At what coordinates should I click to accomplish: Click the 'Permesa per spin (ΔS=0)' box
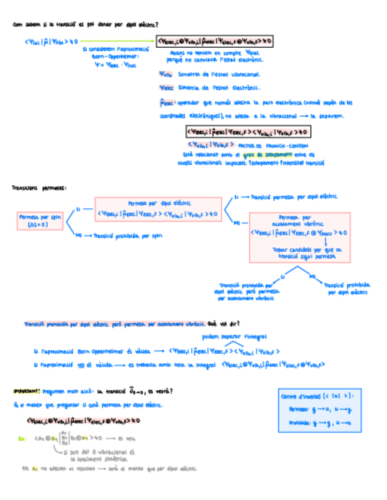[40, 221]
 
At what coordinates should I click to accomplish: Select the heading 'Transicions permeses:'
[38, 188]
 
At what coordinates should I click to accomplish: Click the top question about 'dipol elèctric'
[88, 25]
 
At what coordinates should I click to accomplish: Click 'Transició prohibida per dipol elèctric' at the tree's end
[348, 288]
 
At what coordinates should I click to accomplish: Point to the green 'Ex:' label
[22, 438]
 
